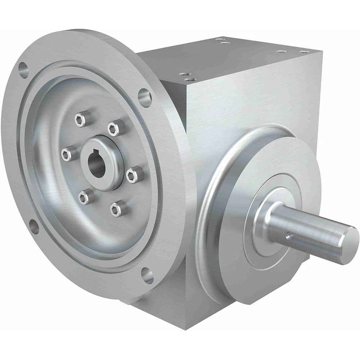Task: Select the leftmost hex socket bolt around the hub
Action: pos(66,154)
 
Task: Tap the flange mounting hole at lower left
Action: pos(34,227)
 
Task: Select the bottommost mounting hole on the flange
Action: pos(147,276)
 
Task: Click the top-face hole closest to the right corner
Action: pos(305,52)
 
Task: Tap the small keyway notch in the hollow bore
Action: pos(89,157)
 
